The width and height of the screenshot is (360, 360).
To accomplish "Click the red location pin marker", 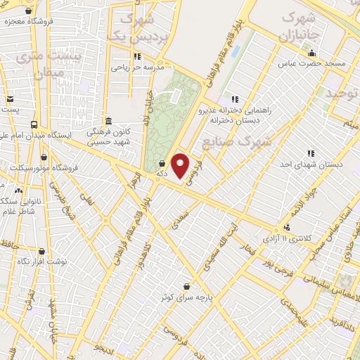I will [x=181, y=165].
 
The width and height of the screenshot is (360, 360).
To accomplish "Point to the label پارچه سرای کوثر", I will [x=186, y=298].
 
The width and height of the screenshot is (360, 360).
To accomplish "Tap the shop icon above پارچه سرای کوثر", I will [x=186, y=287].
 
